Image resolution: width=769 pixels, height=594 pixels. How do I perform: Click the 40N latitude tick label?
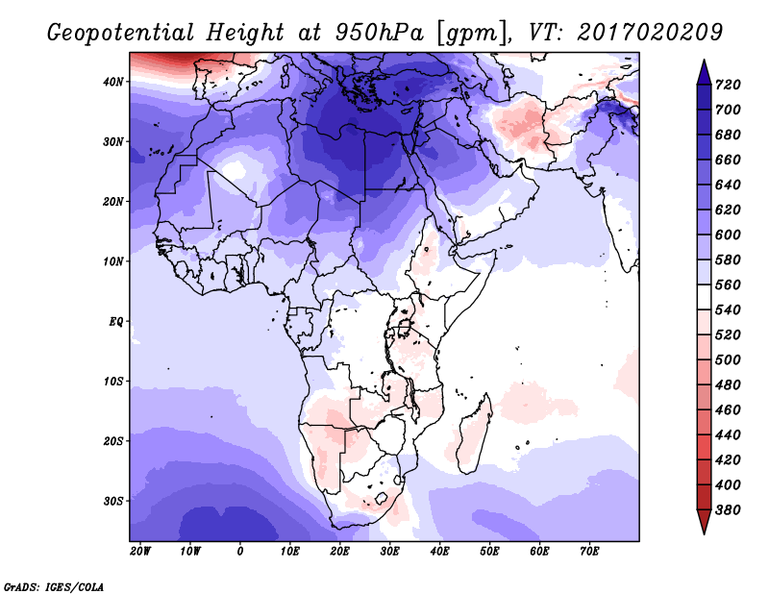pyautogui.click(x=113, y=82)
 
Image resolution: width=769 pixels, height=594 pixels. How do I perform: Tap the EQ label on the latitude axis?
pyautogui.click(x=116, y=322)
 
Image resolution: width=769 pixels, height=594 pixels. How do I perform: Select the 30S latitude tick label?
pyautogui.click(x=113, y=502)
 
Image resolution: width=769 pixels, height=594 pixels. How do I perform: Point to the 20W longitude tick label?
pyautogui.click(x=139, y=552)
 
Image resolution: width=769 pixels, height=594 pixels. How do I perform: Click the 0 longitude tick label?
pyautogui.click(x=239, y=552)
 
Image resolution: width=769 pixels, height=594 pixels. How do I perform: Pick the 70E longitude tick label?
pyautogui.click(x=589, y=552)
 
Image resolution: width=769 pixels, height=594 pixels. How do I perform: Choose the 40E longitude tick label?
pyautogui.click(x=439, y=552)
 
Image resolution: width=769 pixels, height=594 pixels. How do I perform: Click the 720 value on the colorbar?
pyautogui.click(x=728, y=85)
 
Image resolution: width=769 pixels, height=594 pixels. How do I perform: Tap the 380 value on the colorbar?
pyautogui.click(x=728, y=510)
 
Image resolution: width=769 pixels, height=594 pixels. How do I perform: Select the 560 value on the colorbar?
pyautogui.click(x=728, y=285)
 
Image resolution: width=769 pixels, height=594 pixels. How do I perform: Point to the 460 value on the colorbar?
pyautogui.click(x=728, y=410)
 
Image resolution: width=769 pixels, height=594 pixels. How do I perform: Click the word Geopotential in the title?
pyautogui.click(x=121, y=34)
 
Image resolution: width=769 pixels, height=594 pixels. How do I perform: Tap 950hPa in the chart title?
pyautogui.click(x=379, y=33)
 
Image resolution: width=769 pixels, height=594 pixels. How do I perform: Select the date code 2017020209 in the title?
pyautogui.click(x=650, y=33)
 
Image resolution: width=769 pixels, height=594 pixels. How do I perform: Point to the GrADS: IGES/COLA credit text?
pyautogui.click(x=54, y=586)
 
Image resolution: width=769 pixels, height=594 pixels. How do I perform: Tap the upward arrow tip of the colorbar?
pyautogui.click(x=704, y=61)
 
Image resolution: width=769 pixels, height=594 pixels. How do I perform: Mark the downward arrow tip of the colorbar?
pyautogui.click(x=704, y=533)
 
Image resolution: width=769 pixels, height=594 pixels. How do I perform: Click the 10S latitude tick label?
pyautogui.click(x=113, y=382)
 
